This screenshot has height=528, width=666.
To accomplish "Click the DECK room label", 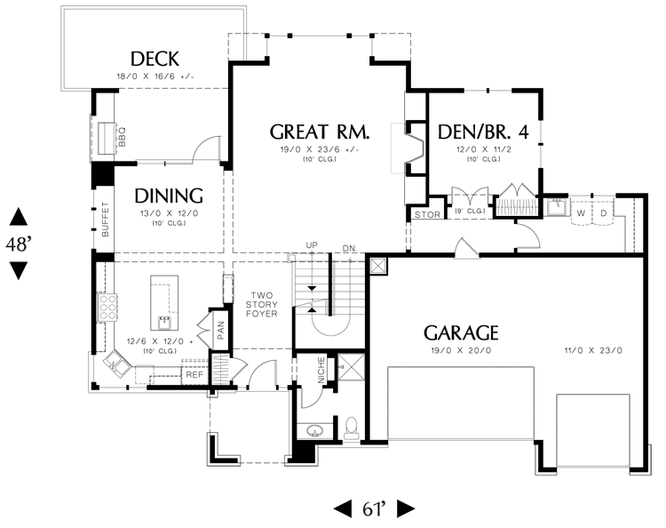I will [155, 60].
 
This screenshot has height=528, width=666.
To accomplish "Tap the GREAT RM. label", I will [320, 132].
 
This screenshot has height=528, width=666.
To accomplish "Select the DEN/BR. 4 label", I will [484, 132].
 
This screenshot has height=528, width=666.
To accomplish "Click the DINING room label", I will [169, 196].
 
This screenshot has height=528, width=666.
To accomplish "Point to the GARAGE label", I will [460, 333].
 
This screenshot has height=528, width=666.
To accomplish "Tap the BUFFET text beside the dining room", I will [105, 220].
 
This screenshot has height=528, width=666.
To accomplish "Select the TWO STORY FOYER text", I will [264, 305].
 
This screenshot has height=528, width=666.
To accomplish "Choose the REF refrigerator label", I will [194, 375].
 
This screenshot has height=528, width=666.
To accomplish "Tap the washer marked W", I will [583, 213].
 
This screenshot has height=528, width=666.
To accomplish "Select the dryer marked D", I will [603, 213].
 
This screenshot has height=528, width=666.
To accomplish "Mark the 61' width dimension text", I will [374, 509].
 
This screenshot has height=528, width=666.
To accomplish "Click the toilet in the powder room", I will [351, 429].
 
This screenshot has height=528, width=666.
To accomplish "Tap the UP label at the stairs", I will [311, 244].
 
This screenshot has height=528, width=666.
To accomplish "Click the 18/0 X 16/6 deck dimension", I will [155, 77].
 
